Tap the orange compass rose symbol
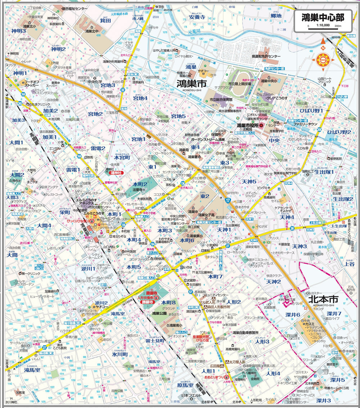point(323,59)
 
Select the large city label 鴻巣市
point(191,84)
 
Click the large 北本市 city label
point(324,299)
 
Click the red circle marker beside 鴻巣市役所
point(261,125)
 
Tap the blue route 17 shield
point(228,200)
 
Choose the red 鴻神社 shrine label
point(116,173)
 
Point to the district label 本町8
point(168,303)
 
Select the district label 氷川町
point(120,354)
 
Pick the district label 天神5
point(249,182)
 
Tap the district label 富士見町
point(155,340)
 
